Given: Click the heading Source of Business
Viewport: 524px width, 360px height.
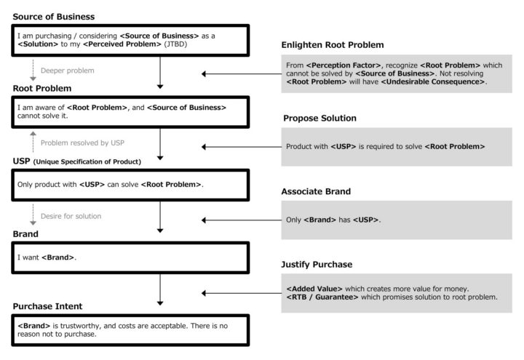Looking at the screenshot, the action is coord(53,17).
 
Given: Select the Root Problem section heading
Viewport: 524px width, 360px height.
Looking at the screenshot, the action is coord(42,89).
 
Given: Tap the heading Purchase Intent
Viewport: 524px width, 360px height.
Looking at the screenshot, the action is coord(47,306).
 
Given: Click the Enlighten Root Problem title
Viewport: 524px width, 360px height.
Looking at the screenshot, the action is coord(333,45).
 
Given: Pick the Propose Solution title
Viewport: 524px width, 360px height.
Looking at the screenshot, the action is coord(319,119).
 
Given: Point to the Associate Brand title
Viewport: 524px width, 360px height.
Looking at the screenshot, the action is coord(316,191).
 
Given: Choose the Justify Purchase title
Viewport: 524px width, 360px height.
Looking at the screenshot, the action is coord(317,265).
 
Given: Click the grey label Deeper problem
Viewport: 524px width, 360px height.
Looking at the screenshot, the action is coord(68,71).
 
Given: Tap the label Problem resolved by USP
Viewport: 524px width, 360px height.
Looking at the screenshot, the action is coord(82,143).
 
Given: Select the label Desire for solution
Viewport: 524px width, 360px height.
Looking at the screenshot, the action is coord(71,216).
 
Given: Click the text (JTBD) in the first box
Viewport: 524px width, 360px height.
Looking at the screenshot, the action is coord(175,44).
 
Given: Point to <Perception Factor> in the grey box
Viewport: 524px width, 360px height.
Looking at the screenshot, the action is coord(344,65).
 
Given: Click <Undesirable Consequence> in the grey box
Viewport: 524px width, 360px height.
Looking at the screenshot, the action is coord(433,81).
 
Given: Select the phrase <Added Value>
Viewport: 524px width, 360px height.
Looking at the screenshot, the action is coord(314,289).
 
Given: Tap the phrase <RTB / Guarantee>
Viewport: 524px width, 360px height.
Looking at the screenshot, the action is coord(322,297).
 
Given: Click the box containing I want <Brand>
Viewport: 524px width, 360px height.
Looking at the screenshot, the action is coord(130,257).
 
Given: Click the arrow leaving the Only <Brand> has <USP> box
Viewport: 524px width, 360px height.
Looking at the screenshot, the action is coord(242,220).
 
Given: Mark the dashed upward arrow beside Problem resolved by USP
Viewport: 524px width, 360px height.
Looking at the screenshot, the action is coord(33,142).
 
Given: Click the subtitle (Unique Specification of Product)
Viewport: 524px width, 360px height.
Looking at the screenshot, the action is coord(87,161).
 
